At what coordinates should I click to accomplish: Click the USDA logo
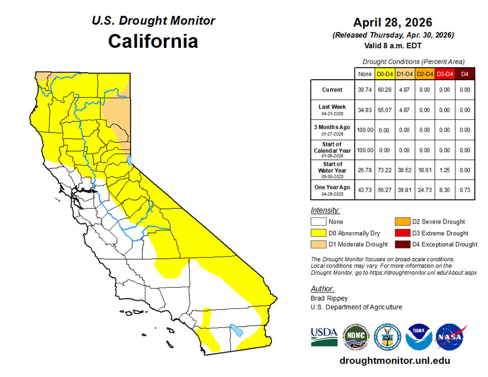click(324, 336)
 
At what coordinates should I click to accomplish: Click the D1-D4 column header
click(405, 74)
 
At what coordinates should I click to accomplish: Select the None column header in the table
click(364, 74)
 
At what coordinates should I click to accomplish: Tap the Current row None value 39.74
click(364, 90)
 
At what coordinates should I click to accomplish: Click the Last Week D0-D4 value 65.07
click(384, 110)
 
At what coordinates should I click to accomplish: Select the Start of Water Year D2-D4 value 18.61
click(424, 170)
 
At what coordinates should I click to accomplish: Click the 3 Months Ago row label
click(332, 130)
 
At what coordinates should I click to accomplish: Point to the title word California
click(153, 41)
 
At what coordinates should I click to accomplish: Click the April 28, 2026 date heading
click(393, 22)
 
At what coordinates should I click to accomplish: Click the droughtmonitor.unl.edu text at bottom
click(394, 361)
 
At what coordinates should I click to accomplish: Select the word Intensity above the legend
click(325, 210)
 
